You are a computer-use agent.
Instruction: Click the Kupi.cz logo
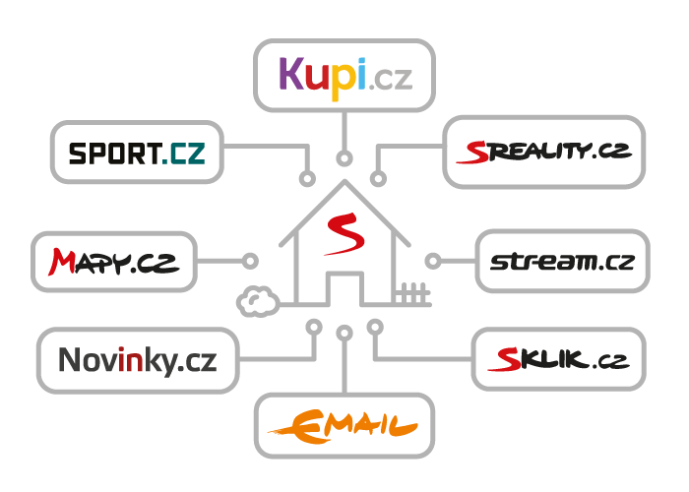[344, 75]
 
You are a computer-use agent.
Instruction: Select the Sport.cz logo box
[136, 153]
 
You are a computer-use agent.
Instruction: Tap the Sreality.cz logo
[543, 152]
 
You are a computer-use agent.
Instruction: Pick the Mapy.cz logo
[113, 262]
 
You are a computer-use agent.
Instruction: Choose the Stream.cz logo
[562, 262]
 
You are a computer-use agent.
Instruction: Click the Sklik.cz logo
[557, 359]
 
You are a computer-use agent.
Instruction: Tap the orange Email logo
[344, 425]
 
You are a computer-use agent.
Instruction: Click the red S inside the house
[344, 234]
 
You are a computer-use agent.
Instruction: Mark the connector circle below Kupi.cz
[344, 158]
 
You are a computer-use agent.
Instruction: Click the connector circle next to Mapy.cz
[250, 261]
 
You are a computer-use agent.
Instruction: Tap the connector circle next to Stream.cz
[432, 261]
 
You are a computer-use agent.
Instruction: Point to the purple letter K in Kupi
[292, 74]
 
